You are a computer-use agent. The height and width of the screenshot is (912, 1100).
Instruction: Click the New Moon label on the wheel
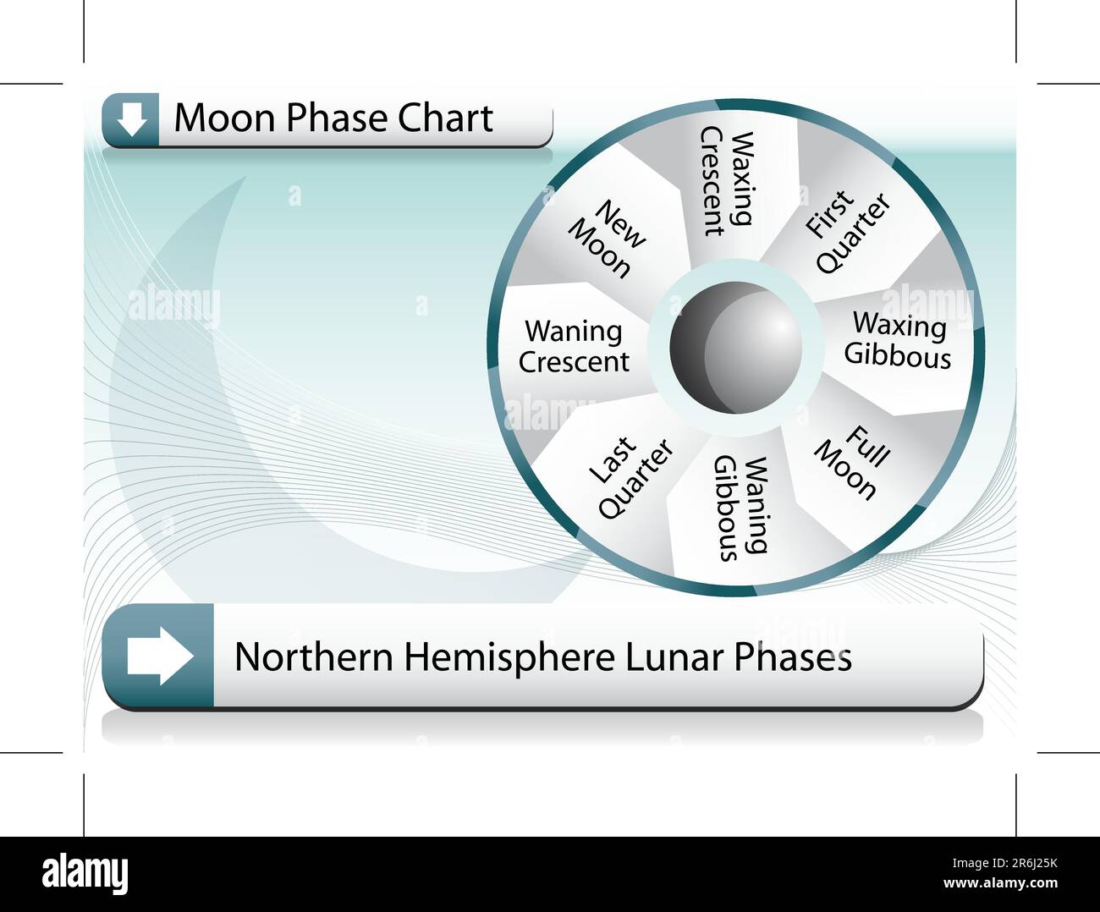pyautogui.click(x=607, y=239)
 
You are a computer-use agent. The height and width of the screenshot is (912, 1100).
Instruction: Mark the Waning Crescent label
pyautogui.click(x=574, y=346)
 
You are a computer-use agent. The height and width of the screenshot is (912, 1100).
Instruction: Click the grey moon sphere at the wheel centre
pyautogui.click(x=734, y=348)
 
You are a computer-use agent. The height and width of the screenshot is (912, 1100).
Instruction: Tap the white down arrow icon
pyautogui.click(x=130, y=119)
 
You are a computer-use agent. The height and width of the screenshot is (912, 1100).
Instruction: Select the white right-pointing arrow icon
pyautogui.click(x=159, y=655)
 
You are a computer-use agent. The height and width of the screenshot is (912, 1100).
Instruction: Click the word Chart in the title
pyautogui.click(x=445, y=118)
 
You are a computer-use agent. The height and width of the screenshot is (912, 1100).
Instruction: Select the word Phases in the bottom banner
pyautogui.click(x=792, y=657)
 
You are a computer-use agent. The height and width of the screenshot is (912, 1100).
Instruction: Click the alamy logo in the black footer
pyautogui.click(x=85, y=873)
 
